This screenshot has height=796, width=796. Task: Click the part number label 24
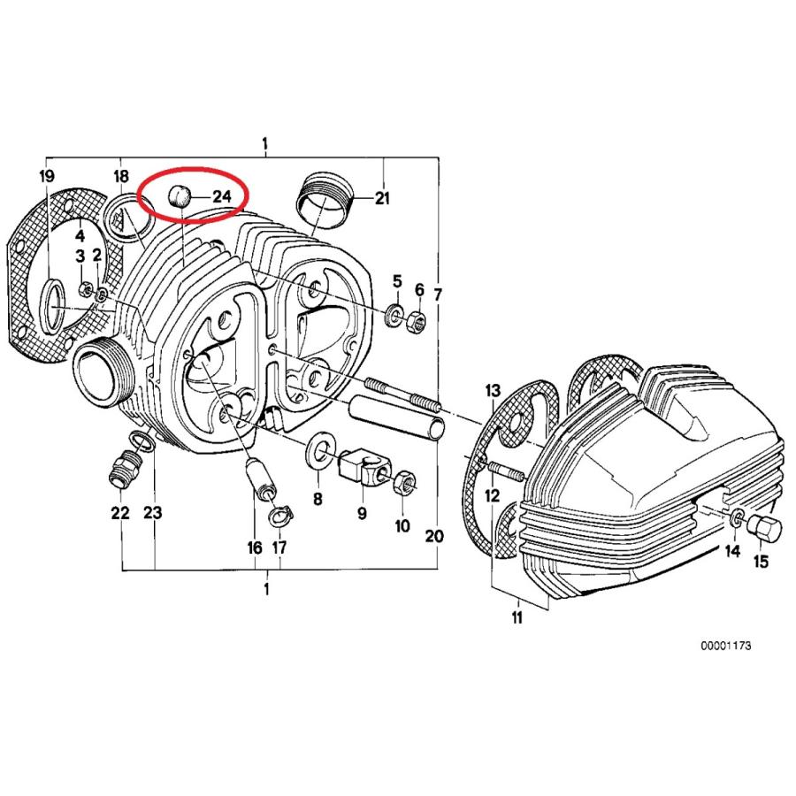220,195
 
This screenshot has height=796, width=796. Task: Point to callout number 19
46,176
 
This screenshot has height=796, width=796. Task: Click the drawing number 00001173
725,647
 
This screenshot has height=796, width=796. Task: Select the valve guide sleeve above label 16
256,478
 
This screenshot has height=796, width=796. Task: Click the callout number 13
492,390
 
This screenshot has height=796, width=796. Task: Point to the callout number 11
517,618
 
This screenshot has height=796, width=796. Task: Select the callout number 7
437,293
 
